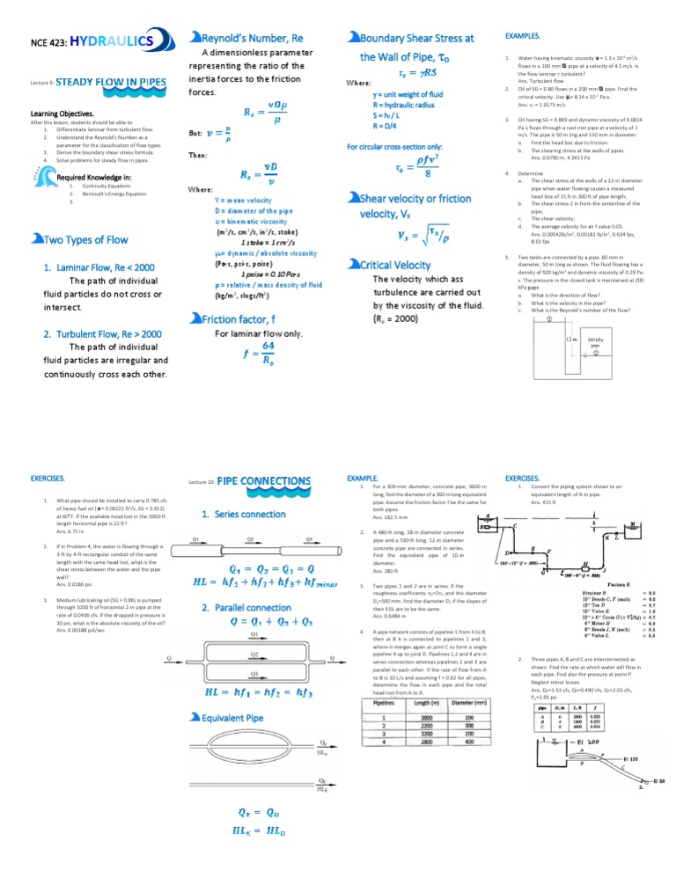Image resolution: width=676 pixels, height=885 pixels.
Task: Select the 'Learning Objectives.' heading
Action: pos(62,114)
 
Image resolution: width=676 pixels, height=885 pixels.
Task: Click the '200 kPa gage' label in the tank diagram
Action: pos(595,343)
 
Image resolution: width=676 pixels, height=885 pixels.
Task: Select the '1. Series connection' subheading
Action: pos(243,514)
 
